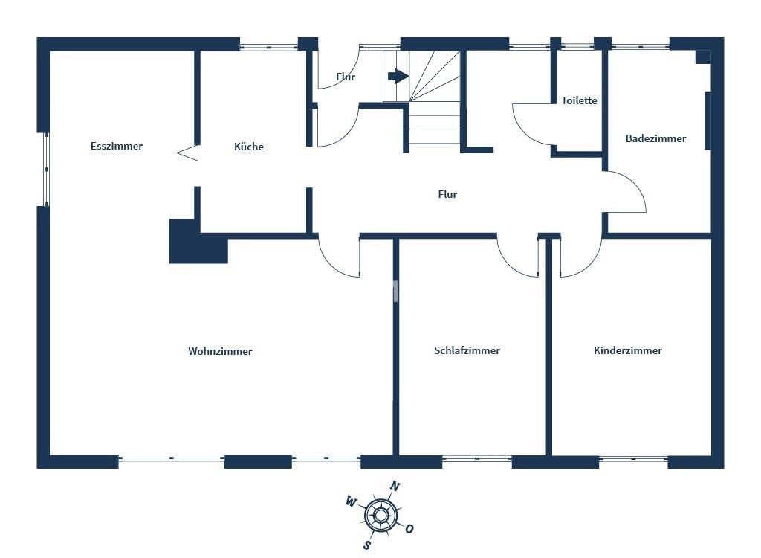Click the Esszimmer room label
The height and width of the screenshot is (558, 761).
pos(117,146)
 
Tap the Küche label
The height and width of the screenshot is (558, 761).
pos(249,147)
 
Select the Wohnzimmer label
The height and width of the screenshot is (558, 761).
pos(220,351)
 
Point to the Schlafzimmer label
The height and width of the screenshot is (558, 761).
pos(467,350)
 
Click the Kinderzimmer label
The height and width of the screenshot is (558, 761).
pos(628,350)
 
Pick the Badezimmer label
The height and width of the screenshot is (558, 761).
pos(655,138)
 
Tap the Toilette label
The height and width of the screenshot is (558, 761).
pos(579,100)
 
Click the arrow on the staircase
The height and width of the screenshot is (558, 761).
pos(398,76)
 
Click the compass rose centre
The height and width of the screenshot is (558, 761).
pos(380,514)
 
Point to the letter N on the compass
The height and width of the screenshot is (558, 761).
pos(395,487)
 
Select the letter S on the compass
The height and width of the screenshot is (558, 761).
pos(366,544)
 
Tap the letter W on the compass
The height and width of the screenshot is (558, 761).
pos(351,501)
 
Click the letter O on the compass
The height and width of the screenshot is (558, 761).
pos(409,529)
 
